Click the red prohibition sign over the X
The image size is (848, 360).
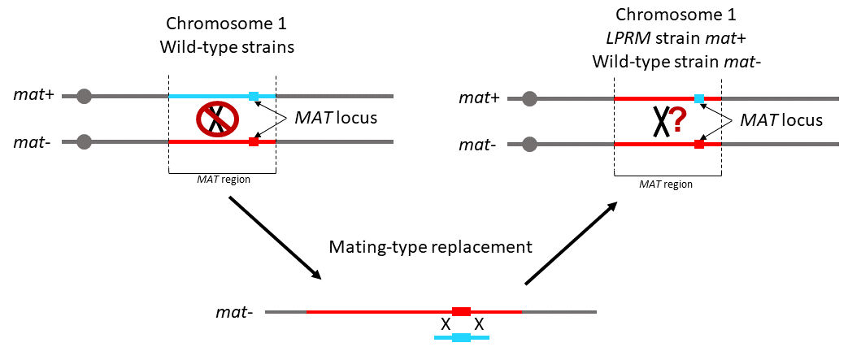click(215, 119)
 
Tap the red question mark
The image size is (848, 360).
click(673, 127)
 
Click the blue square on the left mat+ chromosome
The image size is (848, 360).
click(254, 97)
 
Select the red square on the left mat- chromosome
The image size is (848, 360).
click(254, 142)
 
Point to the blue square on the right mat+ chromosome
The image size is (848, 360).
click(698, 99)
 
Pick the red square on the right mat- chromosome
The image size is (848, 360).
click(698, 145)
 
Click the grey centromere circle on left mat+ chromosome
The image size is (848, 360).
click(84, 97)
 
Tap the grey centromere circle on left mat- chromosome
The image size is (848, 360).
click(84, 142)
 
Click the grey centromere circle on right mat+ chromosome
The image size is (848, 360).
click(529, 99)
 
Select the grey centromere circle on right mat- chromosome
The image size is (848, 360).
click(529, 145)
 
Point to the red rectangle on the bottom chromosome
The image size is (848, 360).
click(461, 311)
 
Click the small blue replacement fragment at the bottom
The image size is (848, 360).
click(461, 338)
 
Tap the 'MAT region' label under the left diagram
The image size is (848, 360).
click(223, 180)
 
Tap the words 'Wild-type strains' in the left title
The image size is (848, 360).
click(227, 47)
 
